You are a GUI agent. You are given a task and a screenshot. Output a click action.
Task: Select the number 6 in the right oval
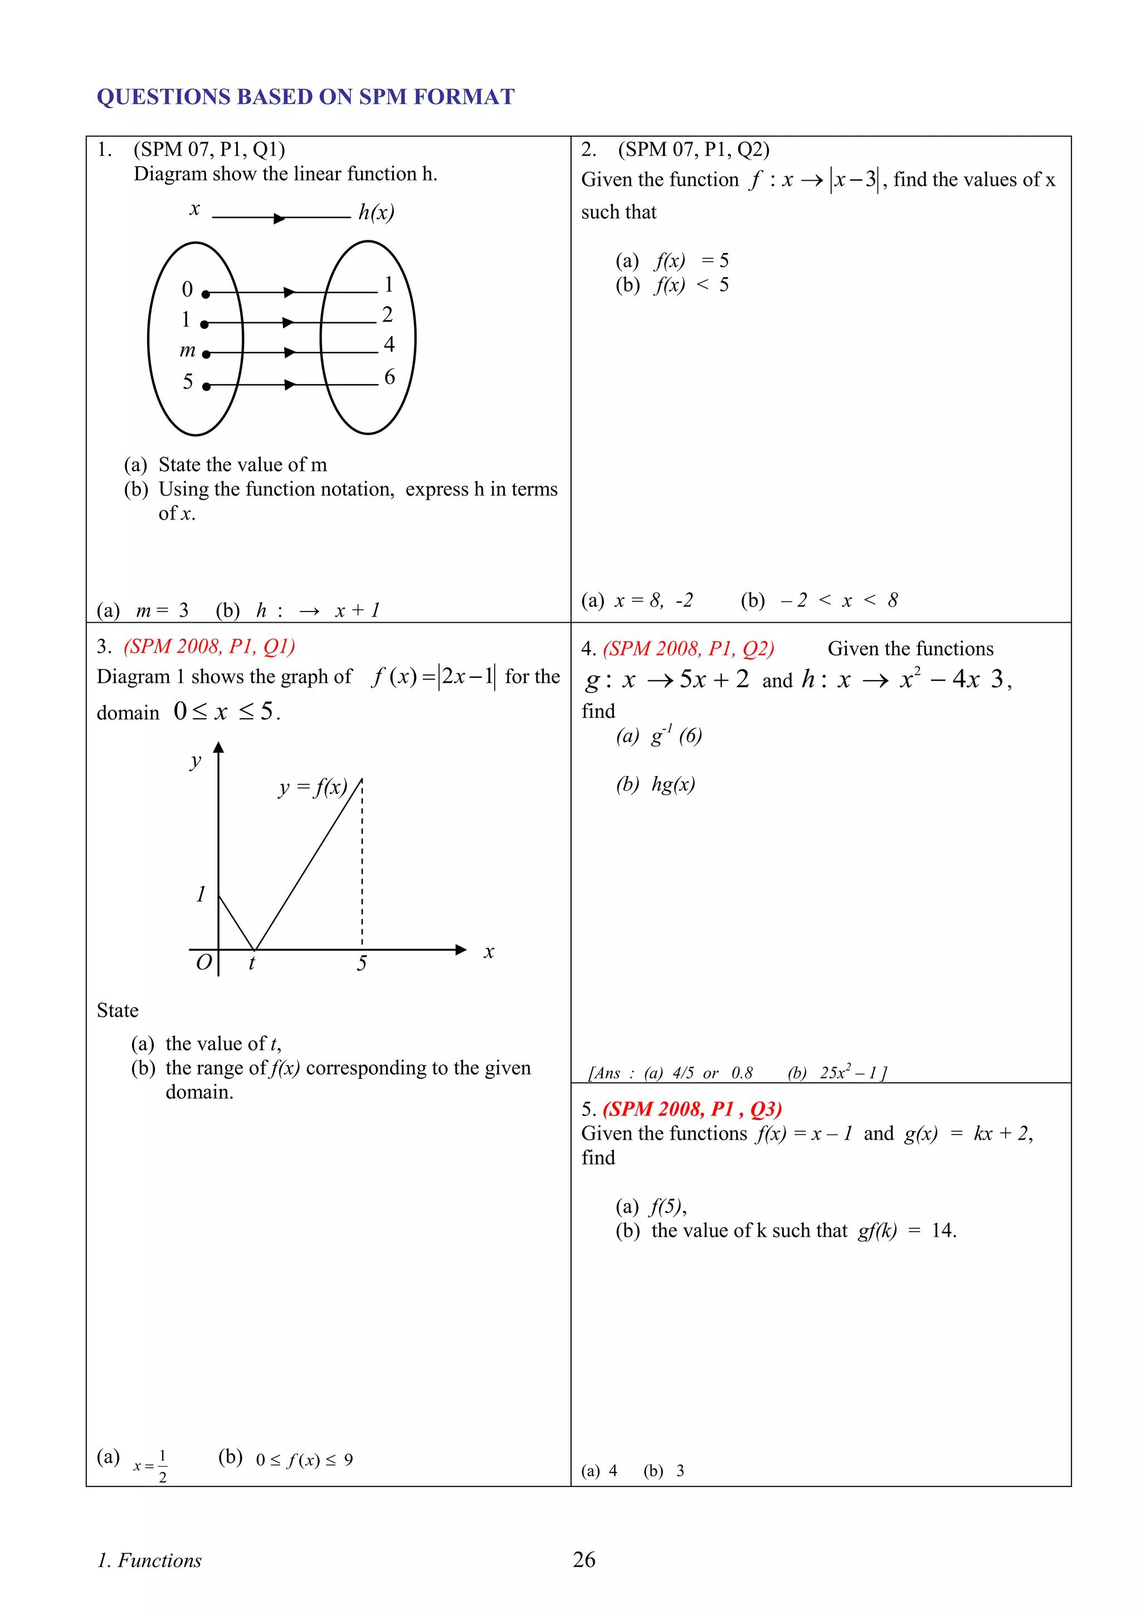tap(389, 377)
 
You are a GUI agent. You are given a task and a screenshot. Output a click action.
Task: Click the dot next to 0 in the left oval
tap(206, 294)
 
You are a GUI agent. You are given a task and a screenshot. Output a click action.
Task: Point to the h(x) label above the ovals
tap(376, 212)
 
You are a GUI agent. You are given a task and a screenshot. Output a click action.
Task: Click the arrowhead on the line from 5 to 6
tap(290, 385)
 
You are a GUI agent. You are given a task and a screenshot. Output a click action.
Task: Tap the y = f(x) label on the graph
tap(313, 787)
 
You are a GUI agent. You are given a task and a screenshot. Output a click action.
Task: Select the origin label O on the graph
tap(203, 962)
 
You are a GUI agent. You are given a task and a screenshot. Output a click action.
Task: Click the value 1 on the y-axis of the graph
tap(201, 894)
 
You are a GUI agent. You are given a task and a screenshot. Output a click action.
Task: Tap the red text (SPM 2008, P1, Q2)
tap(689, 648)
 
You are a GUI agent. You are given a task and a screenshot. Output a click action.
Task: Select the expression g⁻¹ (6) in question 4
tap(676, 735)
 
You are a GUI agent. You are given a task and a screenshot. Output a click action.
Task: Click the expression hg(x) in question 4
tap(673, 784)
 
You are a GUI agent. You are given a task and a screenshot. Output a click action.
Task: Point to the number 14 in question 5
tap(942, 1230)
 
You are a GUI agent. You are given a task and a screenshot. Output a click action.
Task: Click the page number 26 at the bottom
tap(584, 1559)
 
